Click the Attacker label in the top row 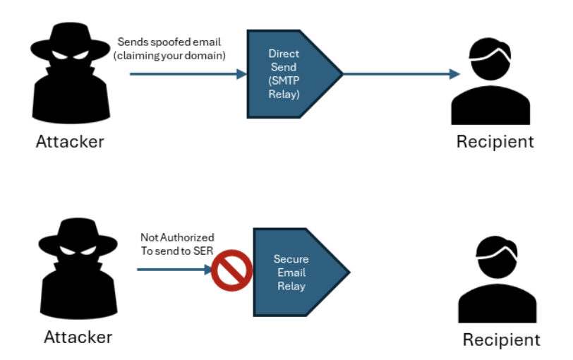pos(70,141)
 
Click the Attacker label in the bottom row pos(78,337)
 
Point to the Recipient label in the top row pos(495,141)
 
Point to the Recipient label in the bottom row pos(501,340)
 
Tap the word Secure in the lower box pos(291,260)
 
